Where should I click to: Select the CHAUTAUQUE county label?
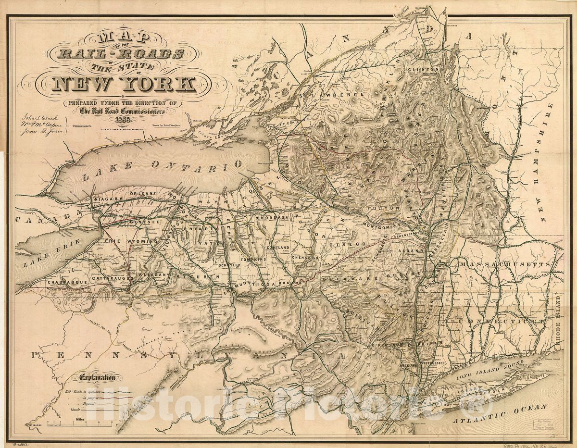[x=67, y=282]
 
